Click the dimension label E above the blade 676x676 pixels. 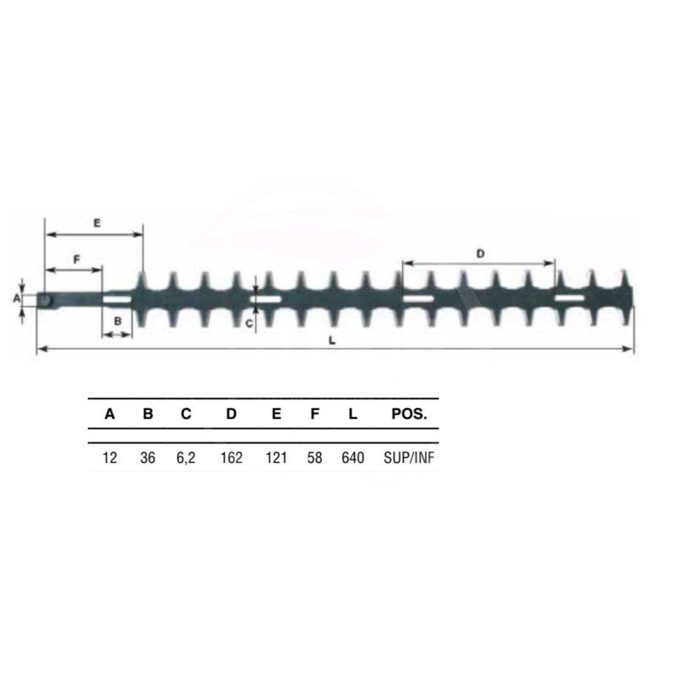pos(97,223)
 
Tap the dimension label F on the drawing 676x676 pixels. pos(77,259)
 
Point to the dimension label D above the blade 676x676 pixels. pos(480,254)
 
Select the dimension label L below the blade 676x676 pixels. pos(332,341)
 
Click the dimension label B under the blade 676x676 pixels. pos(117,321)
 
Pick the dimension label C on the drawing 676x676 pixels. pos(249,324)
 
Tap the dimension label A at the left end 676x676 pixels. pos(17,298)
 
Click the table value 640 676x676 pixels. pos(352,457)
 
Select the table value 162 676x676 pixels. pos(232,457)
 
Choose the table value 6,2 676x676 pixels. pos(186,458)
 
